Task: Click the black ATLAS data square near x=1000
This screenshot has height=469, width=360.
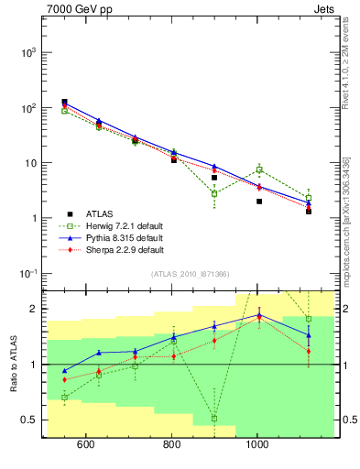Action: [x=259, y=202]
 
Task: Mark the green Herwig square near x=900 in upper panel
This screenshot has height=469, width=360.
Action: [x=214, y=193]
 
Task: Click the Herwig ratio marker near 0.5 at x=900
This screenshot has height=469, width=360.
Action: [x=214, y=419]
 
